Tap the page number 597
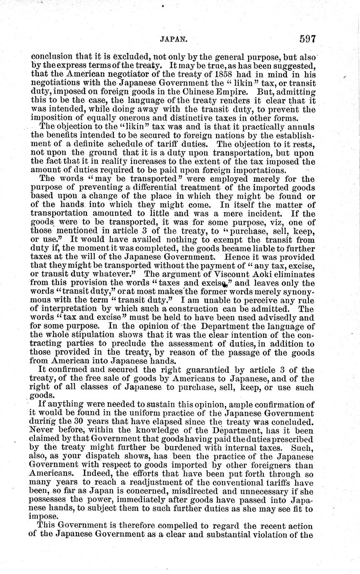tap(308, 40)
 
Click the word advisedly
tap(278, 319)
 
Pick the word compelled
tap(171, 525)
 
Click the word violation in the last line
tap(281, 534)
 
